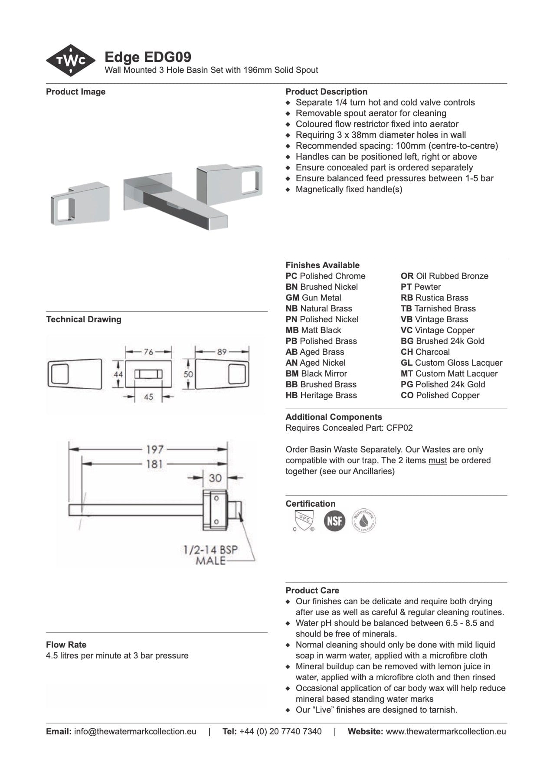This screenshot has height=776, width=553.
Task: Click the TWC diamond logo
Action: point(71,61)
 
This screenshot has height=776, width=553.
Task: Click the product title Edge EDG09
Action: point(148,57)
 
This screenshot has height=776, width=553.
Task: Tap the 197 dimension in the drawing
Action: point(154,449)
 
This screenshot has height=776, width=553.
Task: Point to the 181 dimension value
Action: point(154,464)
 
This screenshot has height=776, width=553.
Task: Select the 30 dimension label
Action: point(215,478)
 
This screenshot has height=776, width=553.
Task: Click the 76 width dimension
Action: point(148,352)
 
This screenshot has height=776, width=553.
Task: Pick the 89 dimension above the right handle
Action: point(222,352)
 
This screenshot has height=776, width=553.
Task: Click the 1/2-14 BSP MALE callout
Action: point(211,555)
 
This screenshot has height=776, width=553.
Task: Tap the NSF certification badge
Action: point(334,521)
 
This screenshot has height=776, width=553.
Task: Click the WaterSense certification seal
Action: point(363,521)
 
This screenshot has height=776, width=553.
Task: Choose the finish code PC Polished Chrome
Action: point(325,276)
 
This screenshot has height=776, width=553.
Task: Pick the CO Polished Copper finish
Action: point(440,395)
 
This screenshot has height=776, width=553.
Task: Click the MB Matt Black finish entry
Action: point(313,330)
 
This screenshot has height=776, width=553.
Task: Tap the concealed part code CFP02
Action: point(399,428)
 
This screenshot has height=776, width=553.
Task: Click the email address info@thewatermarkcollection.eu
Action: point(135,731)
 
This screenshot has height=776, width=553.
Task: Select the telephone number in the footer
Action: point(280,731)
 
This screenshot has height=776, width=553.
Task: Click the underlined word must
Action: point(438,460)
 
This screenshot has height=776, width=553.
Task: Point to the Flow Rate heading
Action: point(66,645)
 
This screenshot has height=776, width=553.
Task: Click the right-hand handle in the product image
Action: point(229,179)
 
